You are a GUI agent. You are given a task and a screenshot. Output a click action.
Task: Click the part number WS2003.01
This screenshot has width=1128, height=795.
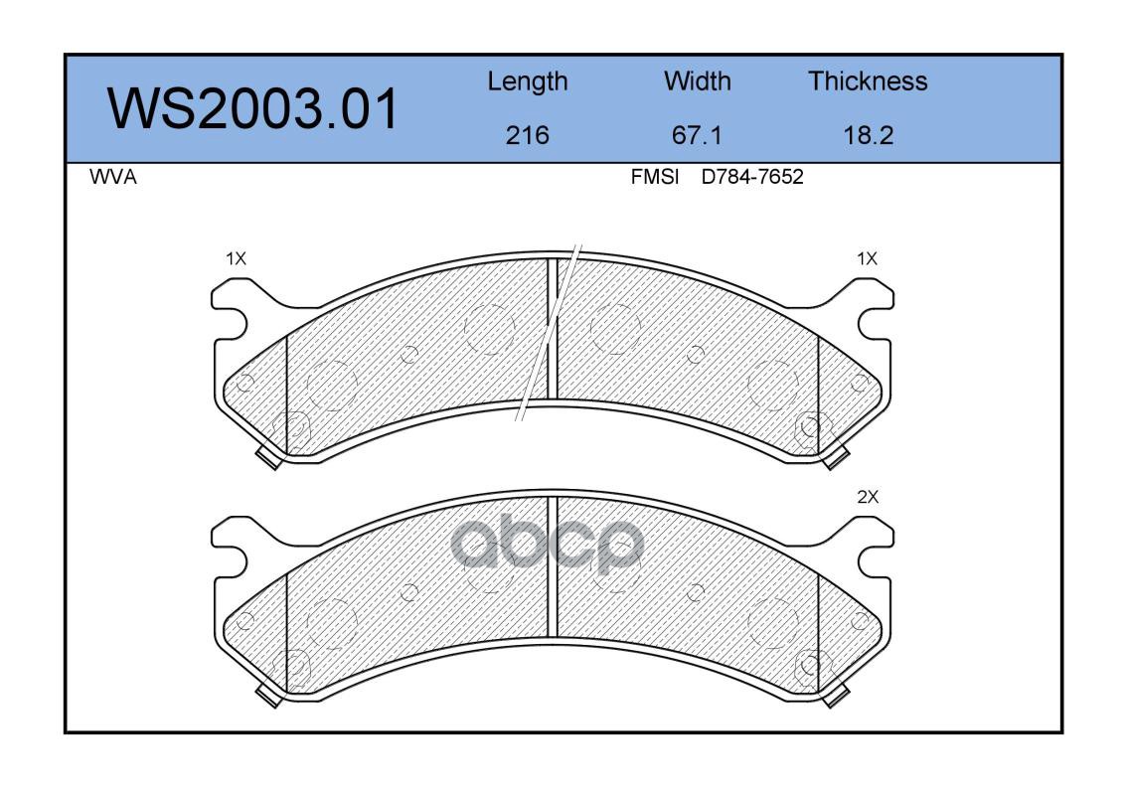252,108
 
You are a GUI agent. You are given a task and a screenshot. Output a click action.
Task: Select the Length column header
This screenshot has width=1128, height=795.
528,82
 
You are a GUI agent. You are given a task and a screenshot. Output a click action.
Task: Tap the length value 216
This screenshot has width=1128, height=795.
528,135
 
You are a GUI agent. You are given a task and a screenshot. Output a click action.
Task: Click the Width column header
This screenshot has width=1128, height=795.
697,80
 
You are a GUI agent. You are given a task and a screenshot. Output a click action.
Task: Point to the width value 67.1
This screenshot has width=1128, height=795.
697,135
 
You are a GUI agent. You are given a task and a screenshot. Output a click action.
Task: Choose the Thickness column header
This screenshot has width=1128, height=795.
868,80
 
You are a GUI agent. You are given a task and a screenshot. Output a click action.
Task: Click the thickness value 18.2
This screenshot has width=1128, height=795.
869,135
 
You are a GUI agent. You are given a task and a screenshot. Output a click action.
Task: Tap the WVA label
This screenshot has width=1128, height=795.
113,177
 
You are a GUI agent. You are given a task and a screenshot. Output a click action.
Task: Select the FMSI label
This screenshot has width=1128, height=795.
655,177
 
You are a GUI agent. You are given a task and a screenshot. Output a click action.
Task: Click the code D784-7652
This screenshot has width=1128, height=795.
752,177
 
